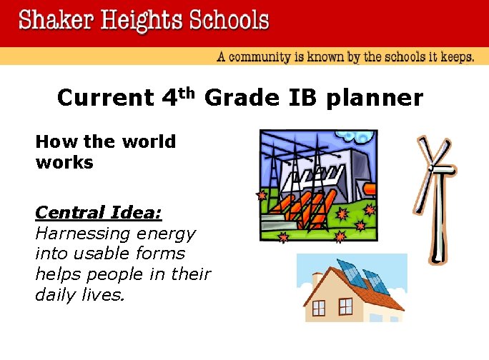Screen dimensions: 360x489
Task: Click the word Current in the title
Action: pyautogui.click(x=104, y=98)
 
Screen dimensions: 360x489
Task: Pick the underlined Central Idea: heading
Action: pyautogui.click(x=99, y=213)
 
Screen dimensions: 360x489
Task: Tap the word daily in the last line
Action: pyautogui.click(x=54, y=294)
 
